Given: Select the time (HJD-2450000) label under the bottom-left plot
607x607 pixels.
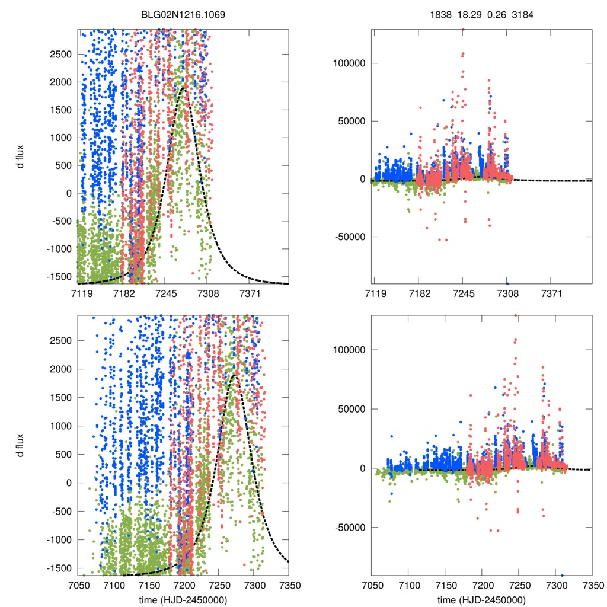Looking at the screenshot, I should click(183, 600).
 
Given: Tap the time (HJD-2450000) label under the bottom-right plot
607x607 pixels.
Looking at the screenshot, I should click(482, 600).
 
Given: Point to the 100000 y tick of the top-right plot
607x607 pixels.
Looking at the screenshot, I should click(350, 63).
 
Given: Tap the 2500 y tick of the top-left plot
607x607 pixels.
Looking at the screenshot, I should click(60, 54).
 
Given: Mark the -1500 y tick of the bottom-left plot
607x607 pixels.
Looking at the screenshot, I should click(59, 568).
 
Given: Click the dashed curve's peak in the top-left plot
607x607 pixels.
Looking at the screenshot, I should click(183, 88).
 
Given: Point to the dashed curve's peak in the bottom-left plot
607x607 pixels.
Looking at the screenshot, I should click(234, 375).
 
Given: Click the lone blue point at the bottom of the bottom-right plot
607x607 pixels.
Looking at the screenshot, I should click(562, 575).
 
